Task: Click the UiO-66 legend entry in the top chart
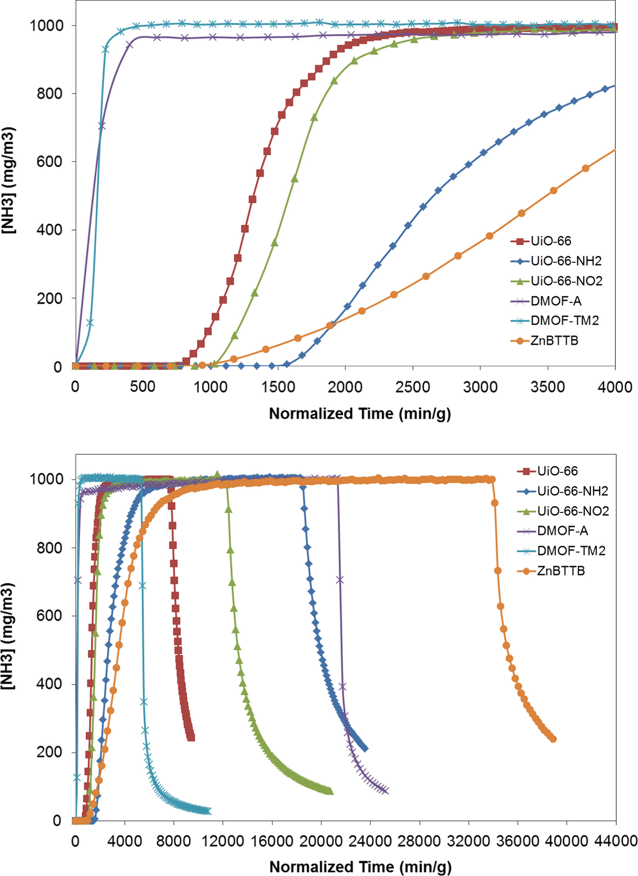[x=550, y=241]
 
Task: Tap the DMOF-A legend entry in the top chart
[x=556, y=301]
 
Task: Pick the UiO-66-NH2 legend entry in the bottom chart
[x=572, y=491]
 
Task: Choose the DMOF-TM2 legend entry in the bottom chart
[x=571, y=551]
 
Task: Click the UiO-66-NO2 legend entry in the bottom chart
[x=573, y=511]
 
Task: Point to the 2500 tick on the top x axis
[x=412, y=387]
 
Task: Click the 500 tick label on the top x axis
[x=142, y=387]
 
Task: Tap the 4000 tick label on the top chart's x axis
[x=614, y=387]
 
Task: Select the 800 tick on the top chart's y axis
[x=49, y=93]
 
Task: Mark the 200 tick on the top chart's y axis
[x=49, y=298]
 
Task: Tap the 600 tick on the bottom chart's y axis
[x=49, y=615]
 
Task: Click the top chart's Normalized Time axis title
[x=360, y=414]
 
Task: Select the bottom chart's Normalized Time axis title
[x=360, y=866]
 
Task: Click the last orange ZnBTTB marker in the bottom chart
[x=552, y=739]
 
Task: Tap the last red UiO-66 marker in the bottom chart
[x=191, y=737]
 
